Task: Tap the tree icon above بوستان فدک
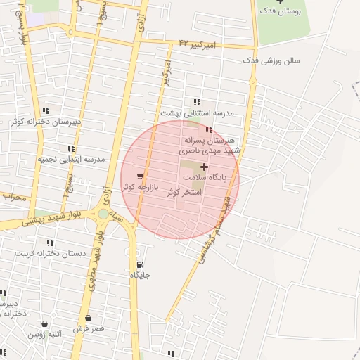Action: tap(280, 2)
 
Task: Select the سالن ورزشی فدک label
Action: tap(271, 60)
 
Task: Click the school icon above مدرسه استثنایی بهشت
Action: tap(197, 102)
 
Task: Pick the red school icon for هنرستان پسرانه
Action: tap(208, 129)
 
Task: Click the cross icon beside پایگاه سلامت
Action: tap(204, 167)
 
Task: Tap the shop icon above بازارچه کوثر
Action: tap(140, 176)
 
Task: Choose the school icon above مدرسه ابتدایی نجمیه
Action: tap(70, 148)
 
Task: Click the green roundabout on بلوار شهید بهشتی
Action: tap(103, 214)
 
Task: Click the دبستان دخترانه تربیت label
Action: tap(53, 252)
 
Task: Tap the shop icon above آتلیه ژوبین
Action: tap(46, 324)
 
